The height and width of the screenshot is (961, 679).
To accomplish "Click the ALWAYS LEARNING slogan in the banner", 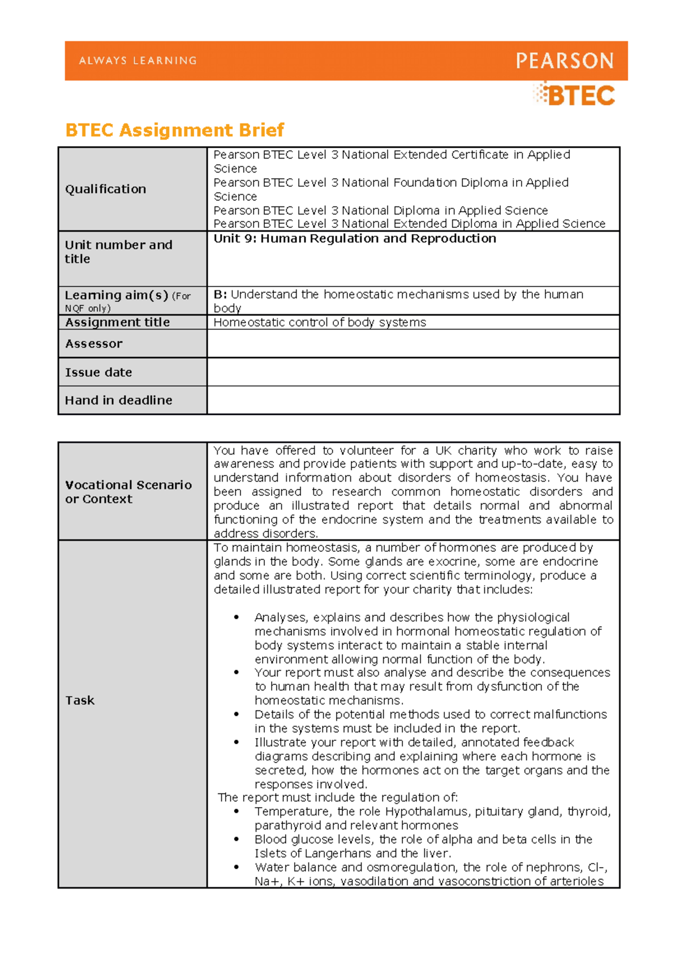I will pos(137,61).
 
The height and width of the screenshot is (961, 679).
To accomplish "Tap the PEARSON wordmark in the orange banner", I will pos(564,61).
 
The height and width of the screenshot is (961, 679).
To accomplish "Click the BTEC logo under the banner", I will pos(574,95).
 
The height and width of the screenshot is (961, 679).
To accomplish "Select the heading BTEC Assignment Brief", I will pos(174,130).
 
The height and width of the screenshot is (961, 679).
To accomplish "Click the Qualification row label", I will pos(105,189).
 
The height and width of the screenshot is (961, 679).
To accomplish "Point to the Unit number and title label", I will pos(118,252).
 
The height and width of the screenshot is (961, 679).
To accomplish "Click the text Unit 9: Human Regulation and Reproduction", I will pos(355,239).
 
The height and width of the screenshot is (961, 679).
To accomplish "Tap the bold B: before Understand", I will pos(220,294).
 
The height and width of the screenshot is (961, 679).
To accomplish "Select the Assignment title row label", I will pos(117,322).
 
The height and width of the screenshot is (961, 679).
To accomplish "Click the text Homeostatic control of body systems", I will pos(320,322).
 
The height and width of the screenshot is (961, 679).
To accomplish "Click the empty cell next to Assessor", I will pos(413,344).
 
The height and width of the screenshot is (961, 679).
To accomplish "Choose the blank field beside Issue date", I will pos(413,372).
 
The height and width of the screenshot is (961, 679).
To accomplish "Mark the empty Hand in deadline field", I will pos(413,400).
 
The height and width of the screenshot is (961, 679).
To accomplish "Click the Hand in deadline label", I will pos(118,400).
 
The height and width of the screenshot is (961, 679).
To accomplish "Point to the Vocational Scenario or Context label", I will pos(128,492).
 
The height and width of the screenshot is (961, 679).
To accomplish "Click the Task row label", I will pos(80,701).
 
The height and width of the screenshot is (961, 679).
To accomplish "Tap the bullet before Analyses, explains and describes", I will pos(237,617).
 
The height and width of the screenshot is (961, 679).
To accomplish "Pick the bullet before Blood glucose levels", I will pos(237,840).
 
